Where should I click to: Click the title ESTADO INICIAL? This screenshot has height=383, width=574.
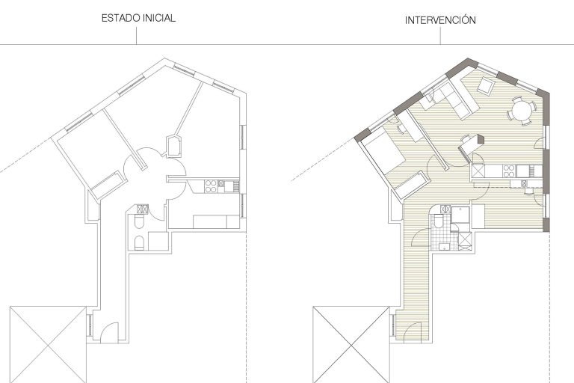(x=138, y=18)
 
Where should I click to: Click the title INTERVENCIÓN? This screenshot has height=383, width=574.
(x=440, y=19)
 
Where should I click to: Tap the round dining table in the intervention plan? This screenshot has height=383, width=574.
(x=520, y=111)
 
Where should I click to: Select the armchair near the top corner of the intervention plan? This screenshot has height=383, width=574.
(x=486, y=86)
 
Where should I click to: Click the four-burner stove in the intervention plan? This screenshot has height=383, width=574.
(x=509, y=171)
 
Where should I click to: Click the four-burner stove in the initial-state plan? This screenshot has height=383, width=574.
(x=210, y=186)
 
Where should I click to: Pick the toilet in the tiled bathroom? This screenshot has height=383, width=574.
(x=438, y=221)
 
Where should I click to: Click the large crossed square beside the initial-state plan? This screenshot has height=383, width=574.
(x=48, y=345)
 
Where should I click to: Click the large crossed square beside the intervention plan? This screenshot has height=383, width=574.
(x=351, y=345)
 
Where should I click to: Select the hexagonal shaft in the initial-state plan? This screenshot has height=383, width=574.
(x=174, y=146)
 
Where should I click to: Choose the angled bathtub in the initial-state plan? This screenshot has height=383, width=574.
(x=108, y=184)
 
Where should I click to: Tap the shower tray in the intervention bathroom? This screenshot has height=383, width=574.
(x=460, y=215)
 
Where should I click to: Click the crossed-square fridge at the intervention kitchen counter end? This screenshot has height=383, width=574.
(x=478, y=171)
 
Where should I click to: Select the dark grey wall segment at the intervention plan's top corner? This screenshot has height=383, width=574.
(x=463, y=67)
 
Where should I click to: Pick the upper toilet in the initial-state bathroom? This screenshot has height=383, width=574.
(x=140, y=221)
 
